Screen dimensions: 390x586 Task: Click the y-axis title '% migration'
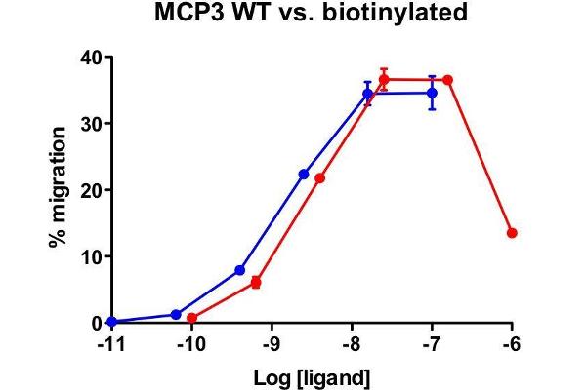tap(60, 190)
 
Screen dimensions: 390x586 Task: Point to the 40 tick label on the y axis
tap(91, 58)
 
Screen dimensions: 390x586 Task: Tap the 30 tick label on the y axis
tap(91, 124)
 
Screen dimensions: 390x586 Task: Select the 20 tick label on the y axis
tap(91, 190)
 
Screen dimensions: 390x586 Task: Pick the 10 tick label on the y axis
tap(91, 256)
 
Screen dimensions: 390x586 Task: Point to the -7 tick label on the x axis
tap(432, 344)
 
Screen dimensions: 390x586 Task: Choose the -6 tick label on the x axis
tap(512, 344)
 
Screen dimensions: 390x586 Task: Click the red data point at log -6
tap(512, 233)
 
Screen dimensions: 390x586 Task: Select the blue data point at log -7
tap(432, 93)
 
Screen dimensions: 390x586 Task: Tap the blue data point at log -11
tap(111, 322)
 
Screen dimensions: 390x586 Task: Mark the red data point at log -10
tap(191, 318)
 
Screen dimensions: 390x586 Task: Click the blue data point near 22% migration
tap(304, 174)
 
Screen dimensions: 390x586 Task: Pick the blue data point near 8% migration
tap(239, 270)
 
